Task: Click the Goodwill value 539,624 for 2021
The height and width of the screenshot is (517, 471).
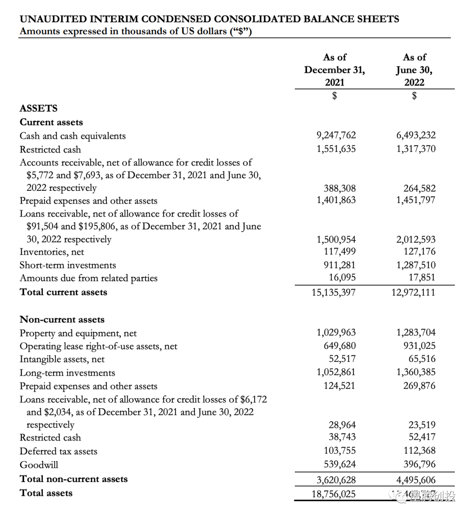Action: click(339, 464)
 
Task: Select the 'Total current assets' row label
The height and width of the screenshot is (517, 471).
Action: click(63, 292)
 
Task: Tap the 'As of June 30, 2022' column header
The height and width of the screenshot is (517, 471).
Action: click(414, 70)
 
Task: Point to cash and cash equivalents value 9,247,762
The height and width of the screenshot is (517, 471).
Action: click(336, 135)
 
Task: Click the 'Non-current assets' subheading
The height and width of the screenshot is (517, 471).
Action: click(62, 320)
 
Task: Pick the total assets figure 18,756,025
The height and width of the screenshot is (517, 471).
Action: click(333, 494)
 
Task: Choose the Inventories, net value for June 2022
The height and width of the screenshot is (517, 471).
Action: click(419, 252)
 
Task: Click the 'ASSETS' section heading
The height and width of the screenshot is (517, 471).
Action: click(38, 108)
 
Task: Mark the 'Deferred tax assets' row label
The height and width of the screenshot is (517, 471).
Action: click(58, 451)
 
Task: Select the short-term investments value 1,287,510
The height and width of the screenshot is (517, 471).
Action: click(416, 265)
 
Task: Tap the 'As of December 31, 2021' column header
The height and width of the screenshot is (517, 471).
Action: click(334, 70)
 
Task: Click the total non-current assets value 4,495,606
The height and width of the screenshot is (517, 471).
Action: click(416, 480)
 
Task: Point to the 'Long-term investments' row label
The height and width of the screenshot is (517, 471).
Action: click(67, 373)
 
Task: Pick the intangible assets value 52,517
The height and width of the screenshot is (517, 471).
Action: click(342, 359)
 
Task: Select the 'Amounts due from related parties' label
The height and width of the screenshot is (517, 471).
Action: click(89, 278)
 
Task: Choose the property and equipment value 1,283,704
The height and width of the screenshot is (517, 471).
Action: click(416, 333)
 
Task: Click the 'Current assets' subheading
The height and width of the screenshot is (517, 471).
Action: click(51, 122)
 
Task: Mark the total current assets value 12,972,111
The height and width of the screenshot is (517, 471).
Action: click(413, 292)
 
